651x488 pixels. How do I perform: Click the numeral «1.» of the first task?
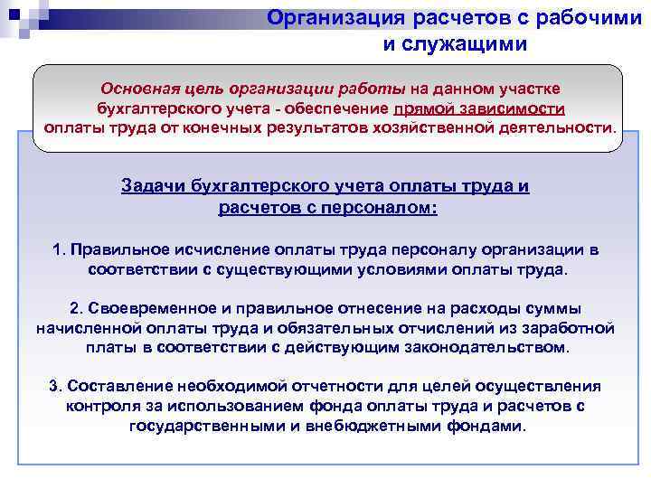59,249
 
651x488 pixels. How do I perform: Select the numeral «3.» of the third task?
56,386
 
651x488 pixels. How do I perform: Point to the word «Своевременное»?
142,308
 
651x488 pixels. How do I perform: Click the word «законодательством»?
491,346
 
